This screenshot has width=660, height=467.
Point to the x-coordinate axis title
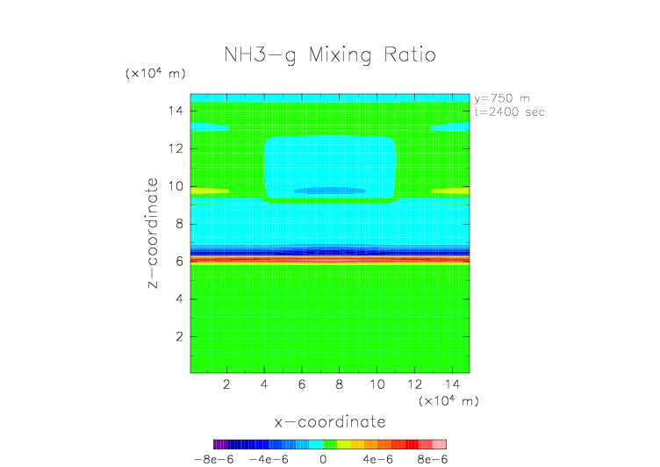click(x=330, y=422)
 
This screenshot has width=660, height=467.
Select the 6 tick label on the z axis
click(x=178, y=262)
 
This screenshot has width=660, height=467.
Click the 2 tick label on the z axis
click(x=178, y=336)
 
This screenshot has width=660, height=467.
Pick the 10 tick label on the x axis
click(x=377, y=384)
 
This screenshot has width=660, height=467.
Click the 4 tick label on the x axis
click(x=265, y=384)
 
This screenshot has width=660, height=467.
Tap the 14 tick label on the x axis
click(x=451, y=384)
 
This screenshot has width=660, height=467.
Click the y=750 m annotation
click(x=501, y=98)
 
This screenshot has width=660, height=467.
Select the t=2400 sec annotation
click(x=508, y=111)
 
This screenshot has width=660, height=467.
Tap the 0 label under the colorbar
click(x=323, y=458)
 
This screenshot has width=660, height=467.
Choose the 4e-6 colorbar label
click(x=377, y=458)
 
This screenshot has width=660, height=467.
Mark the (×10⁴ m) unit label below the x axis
click(x=448, y=400)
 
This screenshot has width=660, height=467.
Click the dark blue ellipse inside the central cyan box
click(x=330, y=190)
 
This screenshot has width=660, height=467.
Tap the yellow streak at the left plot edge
click(x=210, y=190)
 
